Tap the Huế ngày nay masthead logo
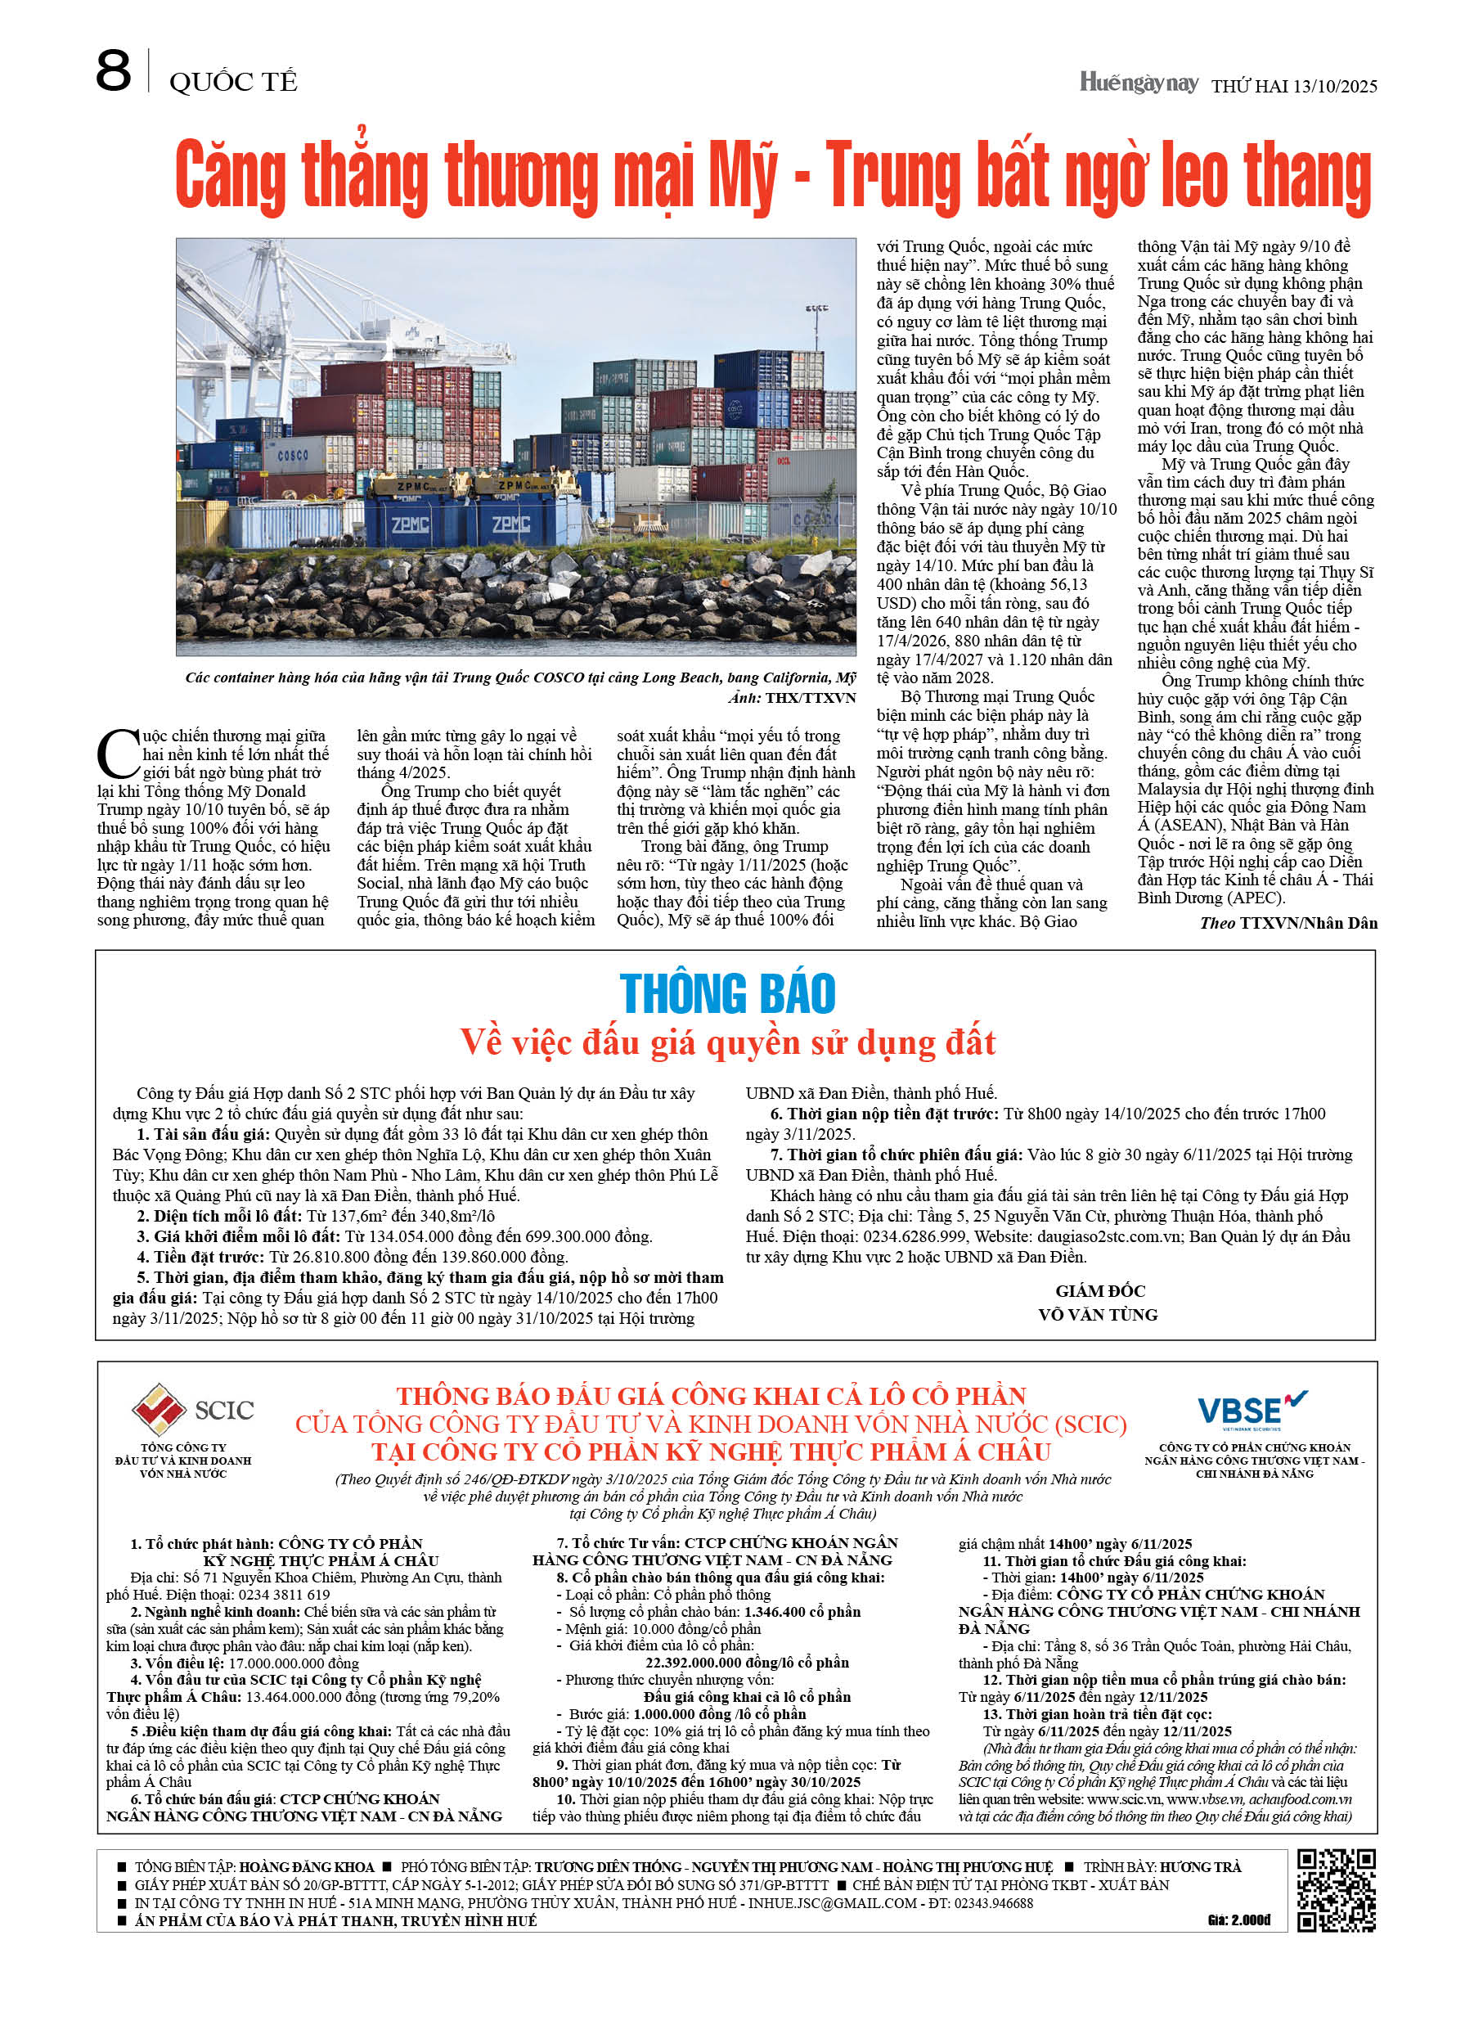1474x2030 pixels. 1138,83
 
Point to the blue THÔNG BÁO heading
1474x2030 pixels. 728,993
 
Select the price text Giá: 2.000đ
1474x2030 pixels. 1238,1920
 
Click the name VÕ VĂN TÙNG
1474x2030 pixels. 1097,1314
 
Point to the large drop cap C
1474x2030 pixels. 117,754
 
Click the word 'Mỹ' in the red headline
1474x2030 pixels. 743,177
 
